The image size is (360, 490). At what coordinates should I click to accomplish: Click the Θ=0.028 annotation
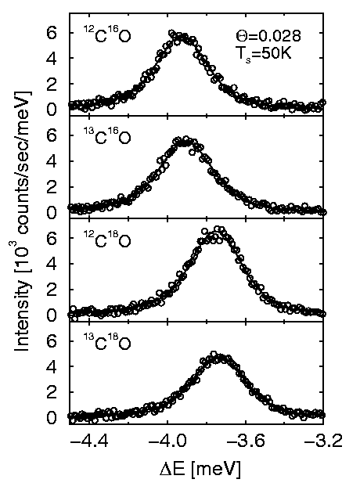[268, 35]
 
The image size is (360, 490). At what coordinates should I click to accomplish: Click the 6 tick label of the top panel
[52, 33]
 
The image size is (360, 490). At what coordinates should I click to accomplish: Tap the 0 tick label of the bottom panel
[52, 417]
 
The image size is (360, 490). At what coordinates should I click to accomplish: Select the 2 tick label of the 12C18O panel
[52, 290]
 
